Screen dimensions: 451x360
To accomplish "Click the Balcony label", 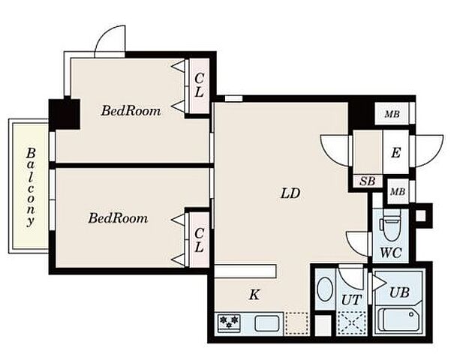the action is click(31, 187).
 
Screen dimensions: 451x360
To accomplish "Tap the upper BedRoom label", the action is click(131, 111).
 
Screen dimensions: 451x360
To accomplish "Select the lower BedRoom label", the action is click(119, 218).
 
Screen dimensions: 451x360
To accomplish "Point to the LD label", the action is click(290, 193).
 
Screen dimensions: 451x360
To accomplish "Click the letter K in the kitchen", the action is click(254, 295).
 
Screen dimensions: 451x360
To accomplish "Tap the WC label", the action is click(391, 253).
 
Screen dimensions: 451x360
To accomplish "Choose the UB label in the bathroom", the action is click(399, 292).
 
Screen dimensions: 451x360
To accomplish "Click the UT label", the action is click(351, 300).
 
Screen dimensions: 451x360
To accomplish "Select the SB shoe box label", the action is click(368, 181).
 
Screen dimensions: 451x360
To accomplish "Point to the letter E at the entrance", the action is click(395, 152).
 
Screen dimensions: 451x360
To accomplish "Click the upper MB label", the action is click(392, 114).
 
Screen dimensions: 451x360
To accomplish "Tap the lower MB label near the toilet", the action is click(398, 191).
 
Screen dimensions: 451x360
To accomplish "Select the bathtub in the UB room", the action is click(398, 319).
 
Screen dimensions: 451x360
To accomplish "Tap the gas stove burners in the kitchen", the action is click(229, 322).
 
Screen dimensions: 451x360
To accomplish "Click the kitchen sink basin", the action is click(267, 323).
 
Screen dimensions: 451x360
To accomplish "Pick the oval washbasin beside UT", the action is click(325, 289).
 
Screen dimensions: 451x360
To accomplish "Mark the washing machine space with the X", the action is click(351, 323).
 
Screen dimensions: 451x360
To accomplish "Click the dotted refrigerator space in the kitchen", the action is click(297, 323).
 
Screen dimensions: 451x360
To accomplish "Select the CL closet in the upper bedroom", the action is click(199, 85).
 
